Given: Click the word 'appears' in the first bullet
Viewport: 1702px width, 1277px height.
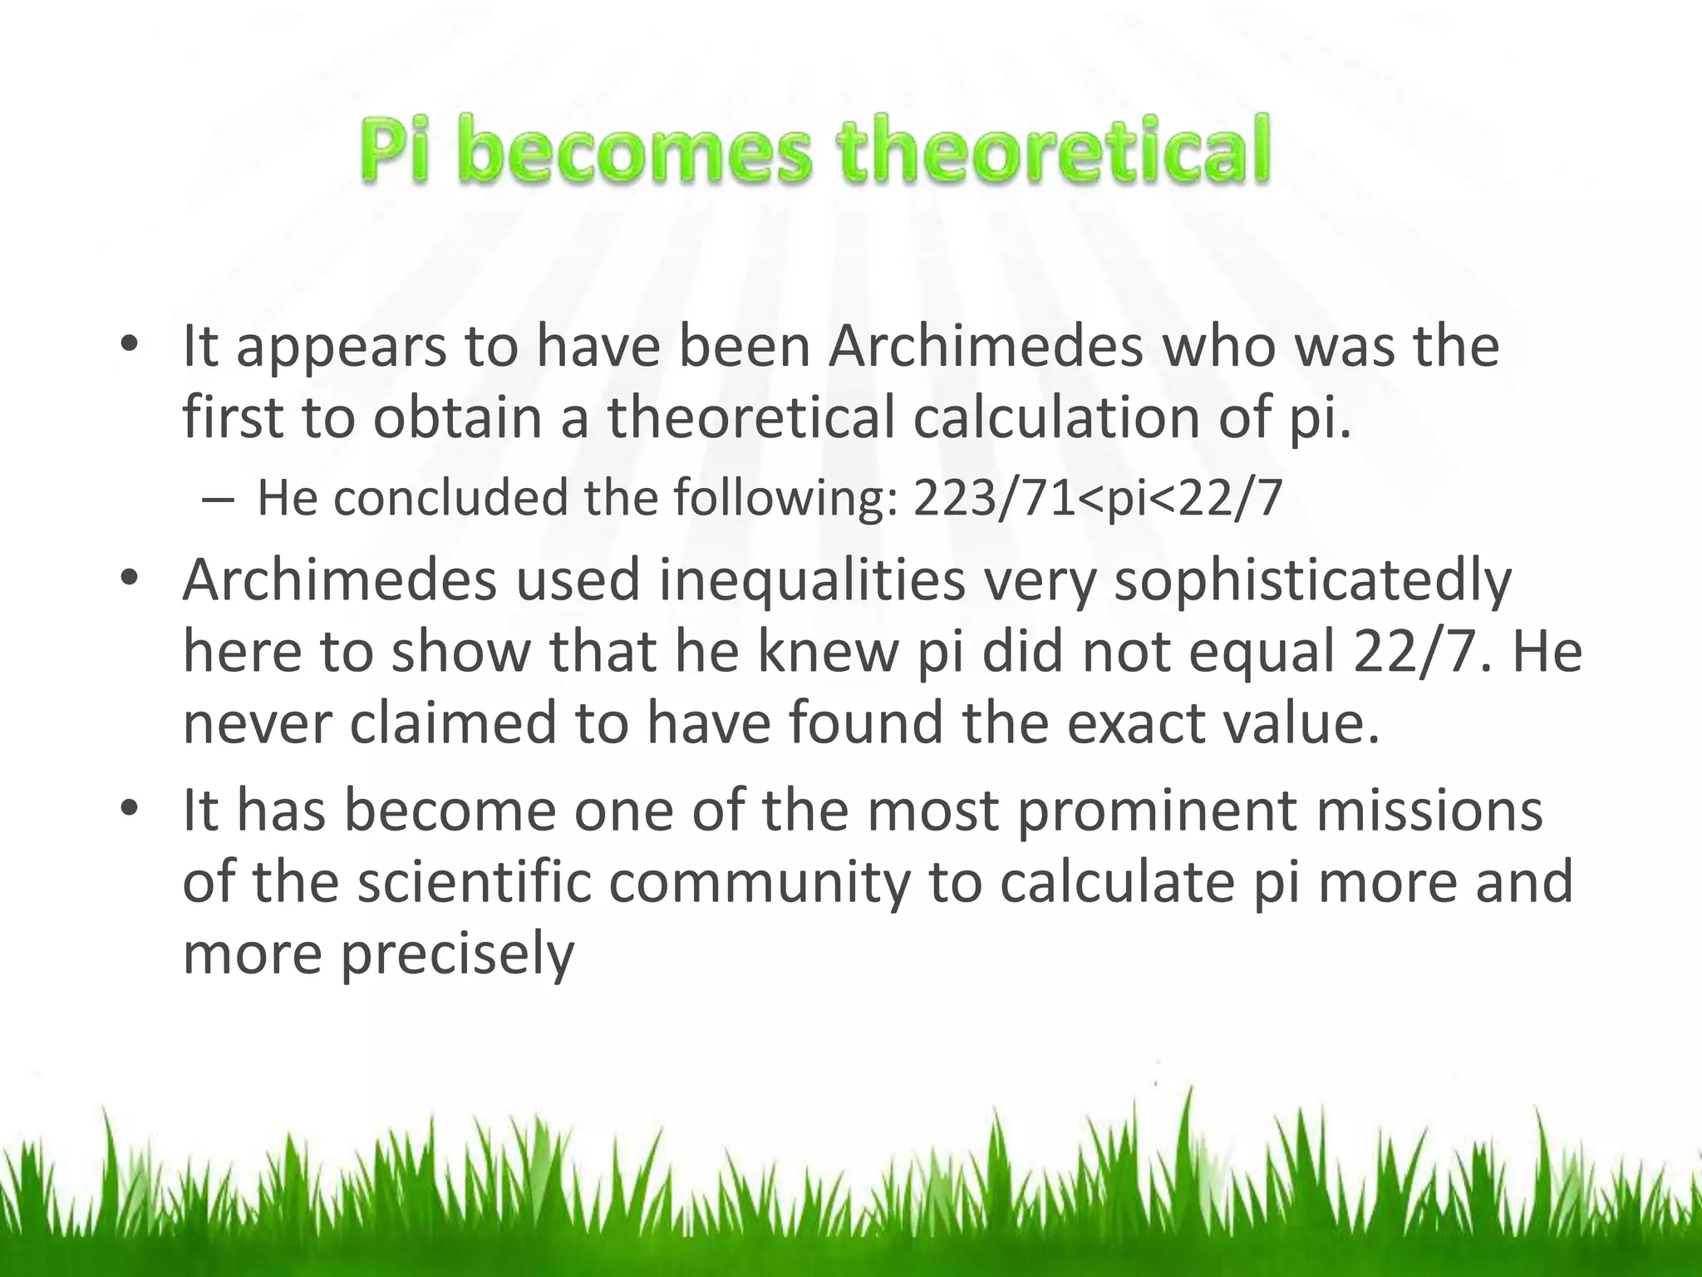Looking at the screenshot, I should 342,348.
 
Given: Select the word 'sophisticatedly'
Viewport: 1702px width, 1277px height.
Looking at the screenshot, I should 1312,581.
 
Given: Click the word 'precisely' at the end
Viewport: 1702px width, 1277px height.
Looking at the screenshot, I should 457,955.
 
